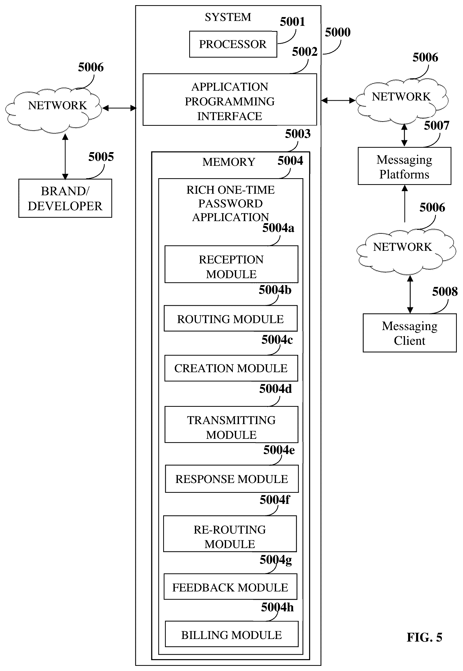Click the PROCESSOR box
point(233,44)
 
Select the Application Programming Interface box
point(229,100)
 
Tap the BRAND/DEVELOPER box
point(65,198)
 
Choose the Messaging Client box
point(409,333)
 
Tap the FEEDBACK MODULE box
point(230,587)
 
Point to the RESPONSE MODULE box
point(231,479)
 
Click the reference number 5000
point(337,32)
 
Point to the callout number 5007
point(436,126)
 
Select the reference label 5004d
point(275,389)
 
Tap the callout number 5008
point(444,292)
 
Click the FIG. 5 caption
point(424,637)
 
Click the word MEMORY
point(229,162)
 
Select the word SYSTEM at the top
point(228,17)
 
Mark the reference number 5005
point(101,157)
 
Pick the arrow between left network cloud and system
point(119,108)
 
